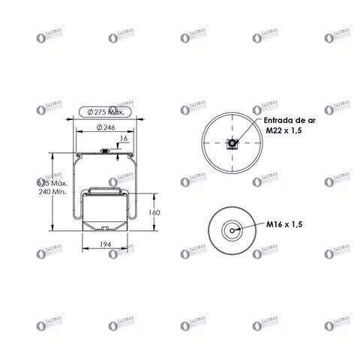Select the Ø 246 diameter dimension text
point(105,127)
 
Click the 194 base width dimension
point(106,245)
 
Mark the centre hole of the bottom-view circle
point(233,230)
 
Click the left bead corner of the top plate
point(76,157)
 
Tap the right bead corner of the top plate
point(133,157)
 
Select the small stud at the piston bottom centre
point(105,227)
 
